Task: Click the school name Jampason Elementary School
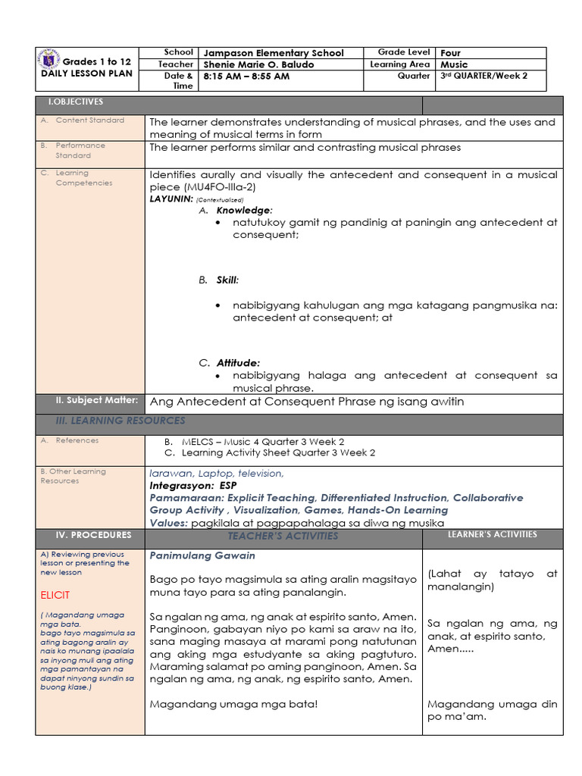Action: pos(274,53)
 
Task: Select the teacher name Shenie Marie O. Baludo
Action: pos(258,64)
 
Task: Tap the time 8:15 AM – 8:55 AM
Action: pos(246,77)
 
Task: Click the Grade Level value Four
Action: pos(450,53)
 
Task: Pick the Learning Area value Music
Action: pos(454,64)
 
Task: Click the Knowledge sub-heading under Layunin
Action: pos(244,210)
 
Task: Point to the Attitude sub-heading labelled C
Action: pos(238,363)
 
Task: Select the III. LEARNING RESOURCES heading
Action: pos(120,421)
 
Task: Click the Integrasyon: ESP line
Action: pos(192,485)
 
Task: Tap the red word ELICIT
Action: pos(55,595)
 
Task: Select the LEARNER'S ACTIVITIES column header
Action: pos(492,534)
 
